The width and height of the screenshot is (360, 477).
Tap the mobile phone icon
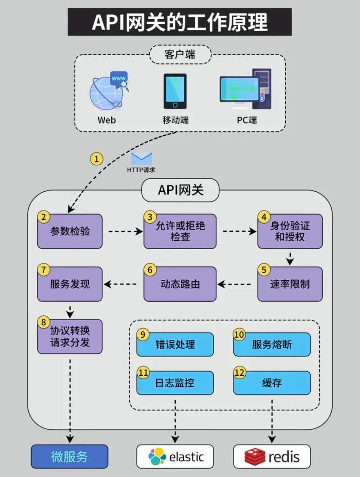click(x=175, y=91)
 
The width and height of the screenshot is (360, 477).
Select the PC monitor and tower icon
click(x=245, y=89)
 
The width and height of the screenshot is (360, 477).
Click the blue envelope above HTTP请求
click(x=141, y=159)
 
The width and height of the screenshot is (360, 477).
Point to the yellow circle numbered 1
click(x=97, y=158)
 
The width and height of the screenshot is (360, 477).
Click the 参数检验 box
click(x=70, y=231)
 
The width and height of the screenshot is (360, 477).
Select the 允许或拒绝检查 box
click(x=180, y=231)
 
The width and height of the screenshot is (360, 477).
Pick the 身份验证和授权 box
click(x=290, y=231)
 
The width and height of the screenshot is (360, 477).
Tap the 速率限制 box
click(x=290, y=284)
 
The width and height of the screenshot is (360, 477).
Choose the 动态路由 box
click(x=180, y=284)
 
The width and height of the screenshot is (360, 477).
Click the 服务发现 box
click(x=70, y=284)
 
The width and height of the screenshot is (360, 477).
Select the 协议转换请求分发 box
click(x=70, y=336)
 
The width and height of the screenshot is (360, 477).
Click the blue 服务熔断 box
click(x=272, y=345)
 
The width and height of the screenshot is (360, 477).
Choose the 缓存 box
click(x=272, y=383)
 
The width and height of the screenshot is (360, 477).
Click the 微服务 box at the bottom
click(x=69, y=457)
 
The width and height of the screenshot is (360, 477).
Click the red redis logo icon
click(x=255, y=457)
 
